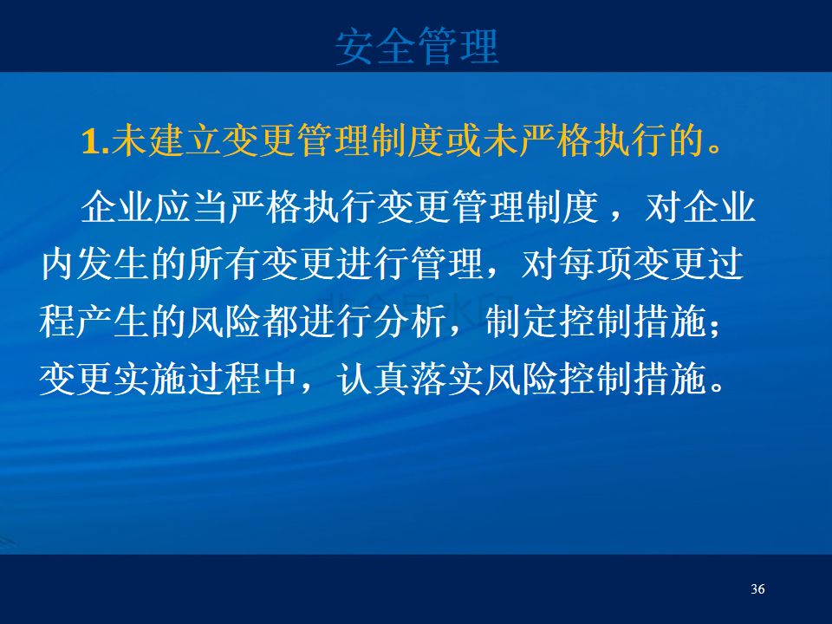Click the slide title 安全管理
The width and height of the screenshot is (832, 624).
[417, 47]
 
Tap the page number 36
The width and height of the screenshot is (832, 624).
[757, 589]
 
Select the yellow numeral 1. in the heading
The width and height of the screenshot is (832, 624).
[96, 141]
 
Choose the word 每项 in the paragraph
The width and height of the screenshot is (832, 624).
[596, 264]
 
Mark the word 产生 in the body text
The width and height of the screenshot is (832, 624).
[114, 322]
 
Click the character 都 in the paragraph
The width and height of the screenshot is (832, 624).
[280, 322]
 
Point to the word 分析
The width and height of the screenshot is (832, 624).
[410, 322]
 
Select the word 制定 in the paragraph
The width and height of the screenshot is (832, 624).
[522, 322]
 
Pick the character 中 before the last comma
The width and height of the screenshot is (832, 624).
[280, 379]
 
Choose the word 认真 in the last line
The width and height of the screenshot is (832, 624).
[374, 379]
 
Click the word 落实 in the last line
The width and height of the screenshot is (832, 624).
[448, 379]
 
